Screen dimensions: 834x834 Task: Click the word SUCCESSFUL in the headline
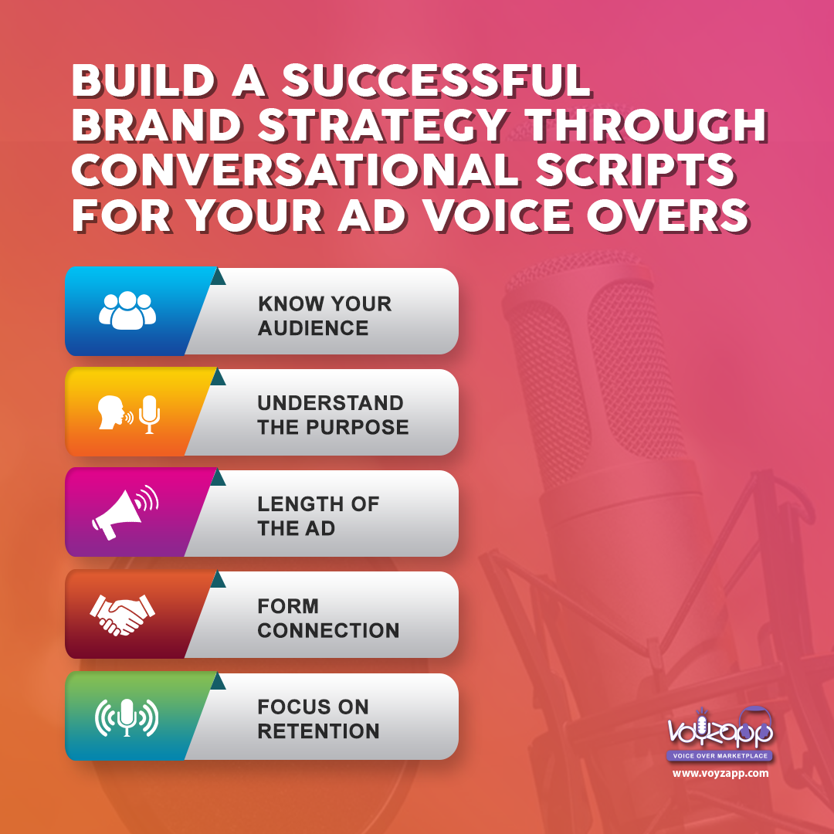[x=436, y=81]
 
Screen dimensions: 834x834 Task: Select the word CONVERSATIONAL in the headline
[x=296, y=171]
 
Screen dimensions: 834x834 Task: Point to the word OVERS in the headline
[x=668, y=216]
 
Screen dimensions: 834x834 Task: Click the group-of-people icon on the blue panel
[x=127, y=310]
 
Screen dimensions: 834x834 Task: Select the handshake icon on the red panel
[x=122, y=615]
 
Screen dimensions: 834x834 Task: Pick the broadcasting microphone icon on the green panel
[x=127, y=717]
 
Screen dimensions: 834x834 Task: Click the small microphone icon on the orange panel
[x=150, y=415]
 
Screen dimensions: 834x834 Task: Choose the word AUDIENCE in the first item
[x=314, y=328]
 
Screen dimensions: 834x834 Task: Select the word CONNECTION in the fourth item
[x=328, y=630]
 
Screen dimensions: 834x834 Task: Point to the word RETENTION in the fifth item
[x=319, y=731]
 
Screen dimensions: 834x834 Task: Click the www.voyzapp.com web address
[x=720, y=773]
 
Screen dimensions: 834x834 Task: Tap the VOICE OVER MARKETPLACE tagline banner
[x=720, y=755]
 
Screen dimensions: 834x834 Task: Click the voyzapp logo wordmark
[x=720, y=727]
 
